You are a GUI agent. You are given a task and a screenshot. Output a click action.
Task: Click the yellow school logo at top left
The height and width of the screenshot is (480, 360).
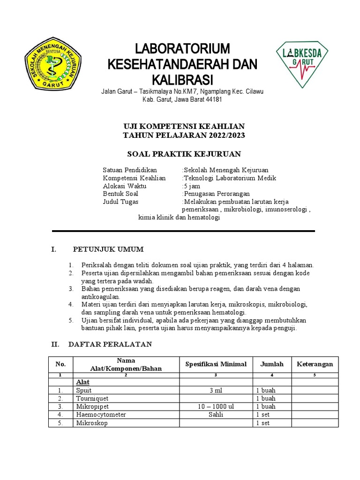click(52, 64)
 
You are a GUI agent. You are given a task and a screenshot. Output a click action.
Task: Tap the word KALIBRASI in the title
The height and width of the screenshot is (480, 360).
click(182, 78)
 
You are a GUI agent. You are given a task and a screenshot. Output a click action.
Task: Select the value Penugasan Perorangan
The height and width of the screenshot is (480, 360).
click(217, 194)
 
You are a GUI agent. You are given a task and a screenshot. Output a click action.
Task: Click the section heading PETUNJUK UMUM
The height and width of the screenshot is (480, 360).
click(108, 249)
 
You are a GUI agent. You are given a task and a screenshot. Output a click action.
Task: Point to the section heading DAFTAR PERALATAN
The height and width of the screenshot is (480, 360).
click(110, 345)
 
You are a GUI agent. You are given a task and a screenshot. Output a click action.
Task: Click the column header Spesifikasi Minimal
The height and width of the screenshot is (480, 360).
click(216, 364)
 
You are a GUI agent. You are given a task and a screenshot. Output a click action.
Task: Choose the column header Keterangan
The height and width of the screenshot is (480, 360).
click(315, 364)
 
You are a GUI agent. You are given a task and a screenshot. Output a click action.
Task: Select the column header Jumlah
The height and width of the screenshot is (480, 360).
click(272, 364)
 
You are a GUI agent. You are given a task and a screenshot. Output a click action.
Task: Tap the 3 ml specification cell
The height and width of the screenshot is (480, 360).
click(216, 390)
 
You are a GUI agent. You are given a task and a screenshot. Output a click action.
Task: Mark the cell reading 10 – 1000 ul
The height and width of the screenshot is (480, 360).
click(216, 406)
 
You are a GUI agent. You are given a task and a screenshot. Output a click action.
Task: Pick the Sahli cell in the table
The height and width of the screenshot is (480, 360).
click(216, 415)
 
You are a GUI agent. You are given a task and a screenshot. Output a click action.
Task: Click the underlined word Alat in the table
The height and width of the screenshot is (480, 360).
click(83, 382)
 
